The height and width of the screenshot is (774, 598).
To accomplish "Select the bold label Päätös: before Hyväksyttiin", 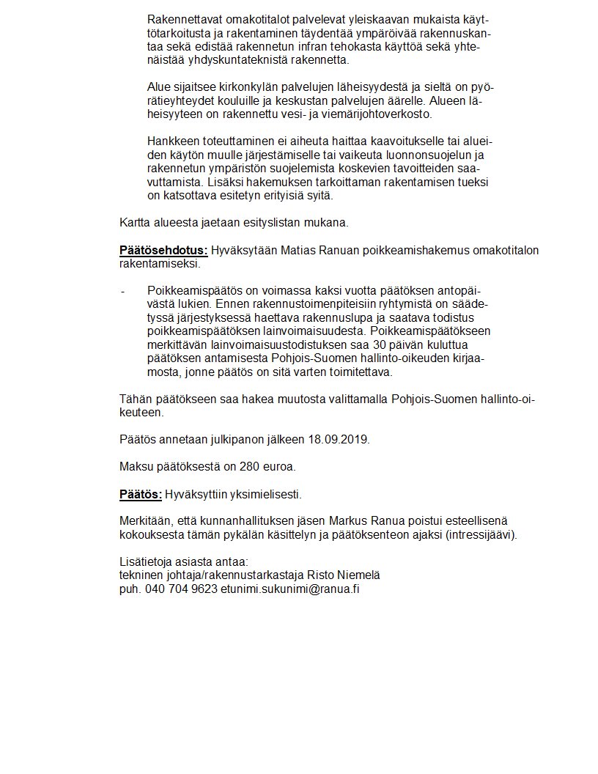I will pos(141,493).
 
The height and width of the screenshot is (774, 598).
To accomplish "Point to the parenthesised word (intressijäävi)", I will pos(481,534).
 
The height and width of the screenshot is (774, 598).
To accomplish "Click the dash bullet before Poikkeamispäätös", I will pos(122,291).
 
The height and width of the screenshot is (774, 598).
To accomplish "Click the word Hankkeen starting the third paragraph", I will pos(173,141).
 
